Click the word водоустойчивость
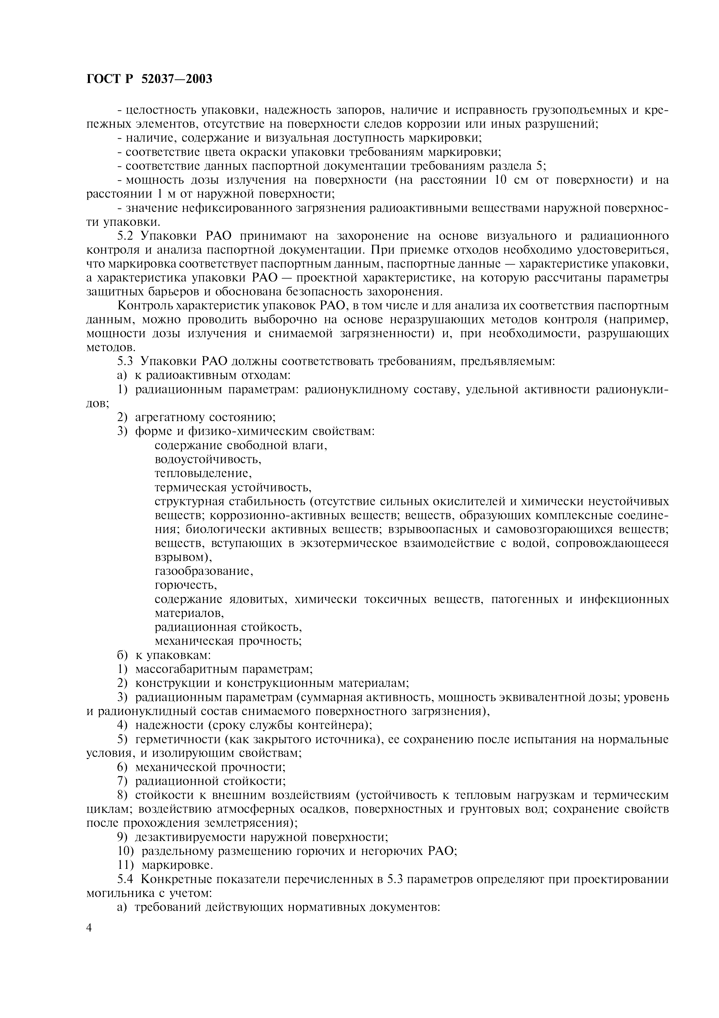click(x=208, y=459)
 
